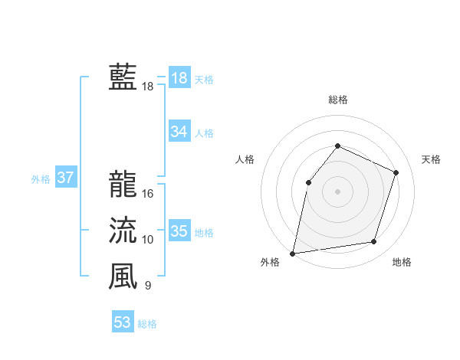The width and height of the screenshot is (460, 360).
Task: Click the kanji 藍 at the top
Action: pos(123,78)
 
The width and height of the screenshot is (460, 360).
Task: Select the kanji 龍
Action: pos(123,185)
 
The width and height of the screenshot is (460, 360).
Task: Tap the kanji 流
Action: pos(123,230)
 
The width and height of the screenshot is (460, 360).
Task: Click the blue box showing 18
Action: pos(179,78)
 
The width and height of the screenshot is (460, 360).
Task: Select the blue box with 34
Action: pos(179,132)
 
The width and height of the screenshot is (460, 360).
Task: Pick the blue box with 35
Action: pos(179,231)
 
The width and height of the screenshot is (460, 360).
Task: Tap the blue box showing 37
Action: pos(65,178)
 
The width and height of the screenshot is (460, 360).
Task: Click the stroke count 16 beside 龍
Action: pos(148,194)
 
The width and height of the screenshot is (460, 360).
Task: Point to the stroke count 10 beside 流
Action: pos(148,240)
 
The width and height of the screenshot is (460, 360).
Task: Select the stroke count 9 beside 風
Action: pos(148,286)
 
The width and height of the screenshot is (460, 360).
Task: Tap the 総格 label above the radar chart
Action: pos(337,100)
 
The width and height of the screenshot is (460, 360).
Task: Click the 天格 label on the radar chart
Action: pos(432,159)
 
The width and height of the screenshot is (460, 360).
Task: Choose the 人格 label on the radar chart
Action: pos(245,159)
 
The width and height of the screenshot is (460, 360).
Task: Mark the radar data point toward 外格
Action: pos(293,253)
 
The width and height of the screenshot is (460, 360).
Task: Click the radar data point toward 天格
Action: pos(396,172)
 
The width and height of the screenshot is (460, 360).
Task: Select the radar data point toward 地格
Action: pos(374,242)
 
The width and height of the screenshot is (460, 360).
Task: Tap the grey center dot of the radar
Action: pos(337,191)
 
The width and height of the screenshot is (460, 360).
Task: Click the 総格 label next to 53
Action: pos(147,323)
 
